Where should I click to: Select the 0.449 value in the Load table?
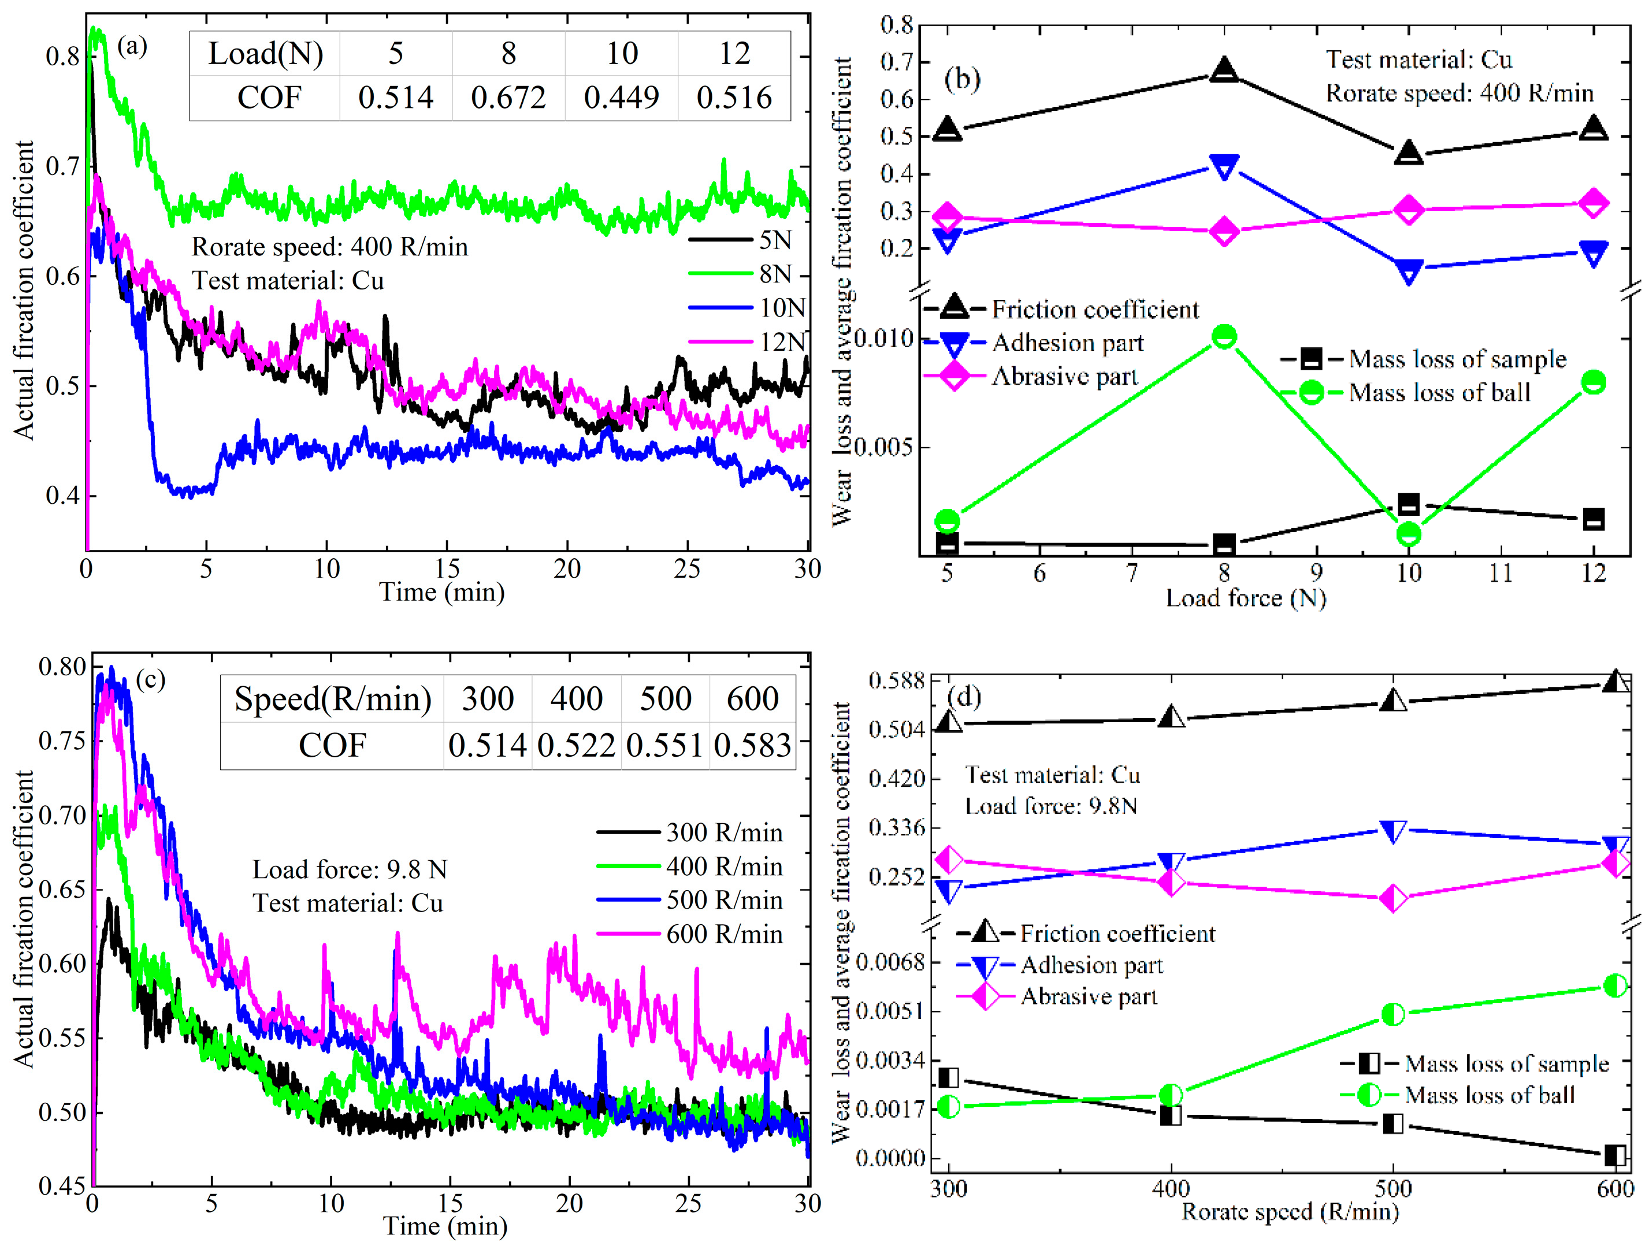coord(621,97)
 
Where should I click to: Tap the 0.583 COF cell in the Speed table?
coord(752,745)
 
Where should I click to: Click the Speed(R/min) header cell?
coord(332,699)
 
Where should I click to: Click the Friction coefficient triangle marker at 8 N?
coord(1223,69)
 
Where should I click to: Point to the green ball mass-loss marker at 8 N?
coord(1223,337)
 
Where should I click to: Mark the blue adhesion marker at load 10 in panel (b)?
coord(1408,271)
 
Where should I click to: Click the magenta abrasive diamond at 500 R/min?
coord(1392,898)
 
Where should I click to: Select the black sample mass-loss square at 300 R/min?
coord(949,1077)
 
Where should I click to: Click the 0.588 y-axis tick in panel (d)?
coord(896,681)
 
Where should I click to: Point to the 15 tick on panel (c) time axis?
coord(450,1204)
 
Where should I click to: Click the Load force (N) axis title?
coord(1245,598)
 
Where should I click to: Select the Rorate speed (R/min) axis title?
coord(1289,1211)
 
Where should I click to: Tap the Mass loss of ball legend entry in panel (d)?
coord(1489,1095)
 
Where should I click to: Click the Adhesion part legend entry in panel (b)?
coord(1067,343)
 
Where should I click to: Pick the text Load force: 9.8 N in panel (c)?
coord(350,869)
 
